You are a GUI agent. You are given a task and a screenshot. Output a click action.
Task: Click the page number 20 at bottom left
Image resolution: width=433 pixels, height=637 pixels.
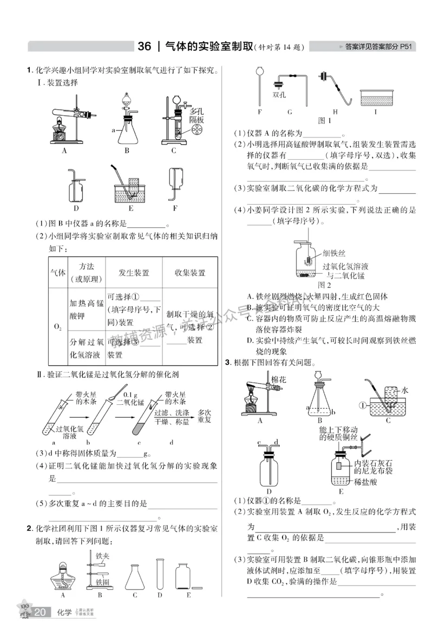[40, 613]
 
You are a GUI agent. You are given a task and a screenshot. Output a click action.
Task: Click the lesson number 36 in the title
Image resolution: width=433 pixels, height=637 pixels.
[144, 47]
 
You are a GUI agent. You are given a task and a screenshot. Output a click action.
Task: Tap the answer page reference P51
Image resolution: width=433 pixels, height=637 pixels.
[406, 47]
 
